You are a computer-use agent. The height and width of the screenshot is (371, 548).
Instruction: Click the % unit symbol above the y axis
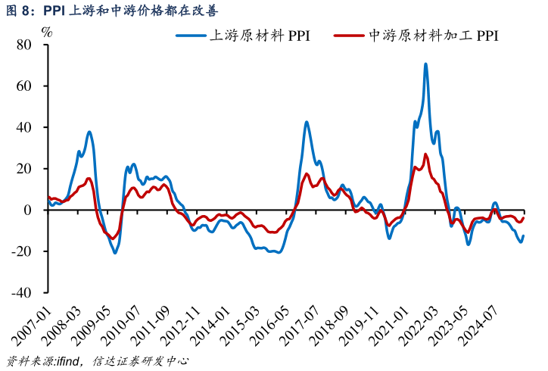(47, 32)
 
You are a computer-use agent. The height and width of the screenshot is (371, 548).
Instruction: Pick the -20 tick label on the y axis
(21, 251)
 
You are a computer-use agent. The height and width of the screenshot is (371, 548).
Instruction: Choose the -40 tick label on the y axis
(21, 292)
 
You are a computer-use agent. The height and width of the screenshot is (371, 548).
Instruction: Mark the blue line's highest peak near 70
(425, 64)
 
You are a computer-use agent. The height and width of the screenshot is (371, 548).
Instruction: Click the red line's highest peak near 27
(425, 154)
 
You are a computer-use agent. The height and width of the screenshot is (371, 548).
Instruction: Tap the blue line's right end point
(523, 235)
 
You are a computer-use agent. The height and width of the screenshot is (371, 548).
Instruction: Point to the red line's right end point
(523, 218)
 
